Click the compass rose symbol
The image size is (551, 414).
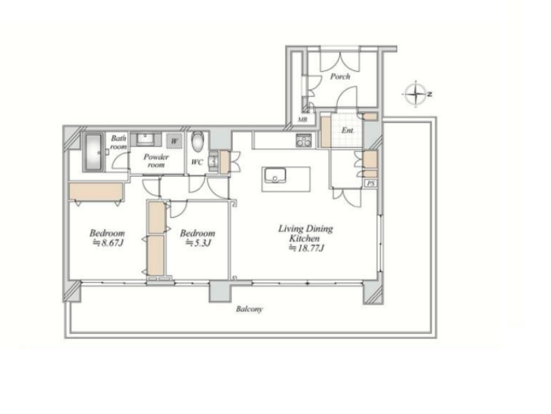tap(416, 94)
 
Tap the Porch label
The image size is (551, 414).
tap(339, 76)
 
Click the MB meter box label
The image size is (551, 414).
tap(303, 120)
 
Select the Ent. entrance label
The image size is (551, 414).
tap(348, 130)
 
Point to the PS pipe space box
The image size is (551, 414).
tap(371, 183)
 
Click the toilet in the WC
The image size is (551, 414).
tap(198, 142)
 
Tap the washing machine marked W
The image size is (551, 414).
tap(175, 142)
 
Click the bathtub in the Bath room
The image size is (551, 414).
tap(93, 152)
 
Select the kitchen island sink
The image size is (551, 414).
tap(275, 175)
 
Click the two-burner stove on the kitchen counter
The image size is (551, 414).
tap(304, 140)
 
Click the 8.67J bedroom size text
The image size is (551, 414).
tap(108, 242)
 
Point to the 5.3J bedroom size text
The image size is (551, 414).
tap(198, 242)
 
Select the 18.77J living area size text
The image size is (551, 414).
tap(306, 248)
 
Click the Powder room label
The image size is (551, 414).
tap(156, 161)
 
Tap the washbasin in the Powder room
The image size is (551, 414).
tap(145, 139)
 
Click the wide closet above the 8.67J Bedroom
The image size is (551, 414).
tap(96, 192)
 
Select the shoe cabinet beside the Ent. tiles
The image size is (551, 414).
tap(326, 132)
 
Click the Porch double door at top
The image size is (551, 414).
tap(339, 59)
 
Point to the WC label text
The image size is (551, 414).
tap(197, 162)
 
